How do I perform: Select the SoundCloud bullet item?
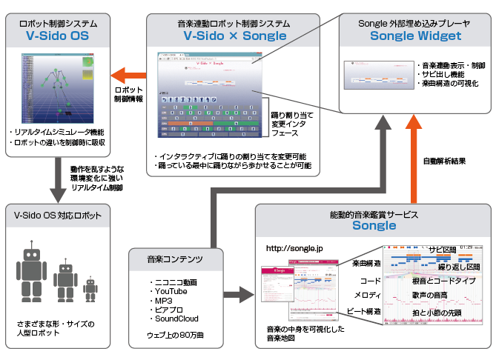(176, 319)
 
